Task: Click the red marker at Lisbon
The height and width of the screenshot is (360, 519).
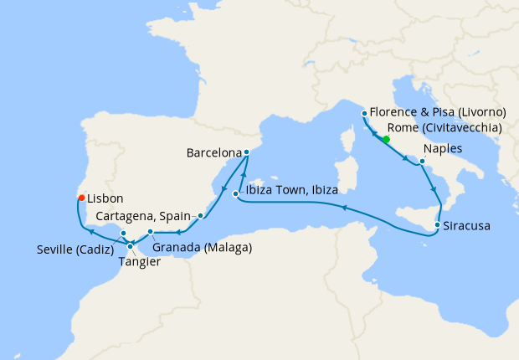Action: pyautogui.click(x=81, y=198)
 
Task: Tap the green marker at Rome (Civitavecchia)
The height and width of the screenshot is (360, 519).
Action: pyautogui.click(x=386, y=140)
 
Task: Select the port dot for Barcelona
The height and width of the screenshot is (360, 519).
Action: pyautogui.click(x=246, y=152)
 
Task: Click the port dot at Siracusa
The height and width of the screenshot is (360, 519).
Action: pyautogui.click(x=437, y=225)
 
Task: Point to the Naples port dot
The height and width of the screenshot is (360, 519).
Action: pyautogui.click(x=421, y=160)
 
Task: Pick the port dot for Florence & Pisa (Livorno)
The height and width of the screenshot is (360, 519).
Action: pyautogui.click(x=363, y=114)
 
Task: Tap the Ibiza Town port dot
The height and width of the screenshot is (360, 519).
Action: pyautogui.click(x=236, y=194)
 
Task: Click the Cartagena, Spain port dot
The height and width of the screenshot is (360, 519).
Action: pyautogui.click(x=200, y=215)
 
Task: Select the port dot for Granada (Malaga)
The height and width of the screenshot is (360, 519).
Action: pyautogui.click(x=150, y=232)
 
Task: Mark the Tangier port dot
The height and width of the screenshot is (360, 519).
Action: pyautogui.click(x=130, y=246)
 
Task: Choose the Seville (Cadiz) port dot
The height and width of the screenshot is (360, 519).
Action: pyautogui.click(x=123, y=233)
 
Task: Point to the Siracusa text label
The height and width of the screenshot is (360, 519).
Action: pyautogui.click(x=467, y=226)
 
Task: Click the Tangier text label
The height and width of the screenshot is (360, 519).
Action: pyautogui.click(x=141, y=261)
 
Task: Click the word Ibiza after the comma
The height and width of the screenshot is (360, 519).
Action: pyautogui.click(x=322, y=191)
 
